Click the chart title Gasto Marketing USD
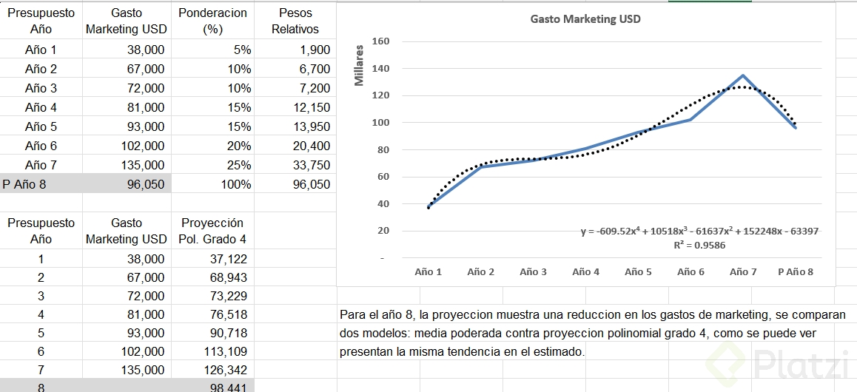[x=585, y=19]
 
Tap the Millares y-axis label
[x=360, y=65]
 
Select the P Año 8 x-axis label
[x=796, y=271]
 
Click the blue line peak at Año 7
[x=743, y=75]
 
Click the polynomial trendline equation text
[x=699, y=232]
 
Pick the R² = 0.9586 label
[x=699, y=245]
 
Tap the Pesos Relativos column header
[x=295, y=21]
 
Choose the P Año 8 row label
[x=24, y=184]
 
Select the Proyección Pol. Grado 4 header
[x=212, y=231]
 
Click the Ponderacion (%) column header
[x=212, y=21]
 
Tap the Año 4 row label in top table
[x=41, y=107]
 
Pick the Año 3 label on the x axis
[x=533, y=271]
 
